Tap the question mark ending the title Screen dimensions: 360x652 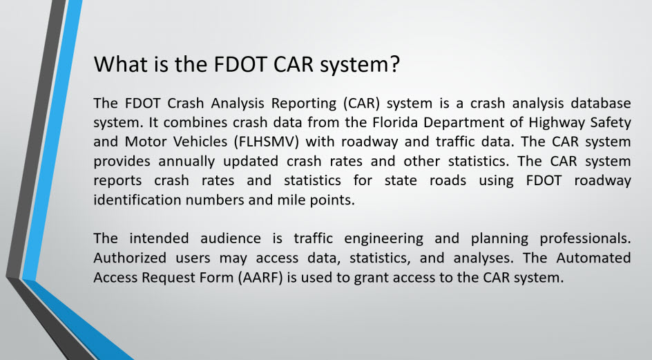pos(394,64)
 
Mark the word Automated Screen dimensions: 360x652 pos(595,258)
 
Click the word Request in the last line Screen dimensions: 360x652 pos(160,277)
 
